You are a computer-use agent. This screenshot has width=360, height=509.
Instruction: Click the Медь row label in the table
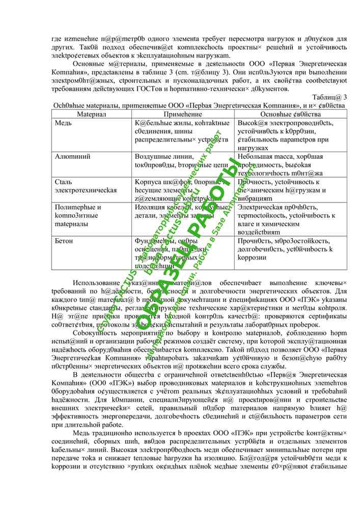[x=63, y=123]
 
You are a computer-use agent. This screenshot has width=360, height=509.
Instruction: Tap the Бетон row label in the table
[x=64, y=240]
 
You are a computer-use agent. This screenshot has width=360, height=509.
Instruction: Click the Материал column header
[x=91, y=115]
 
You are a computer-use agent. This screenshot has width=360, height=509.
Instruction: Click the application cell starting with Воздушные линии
[x=181, y=161]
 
